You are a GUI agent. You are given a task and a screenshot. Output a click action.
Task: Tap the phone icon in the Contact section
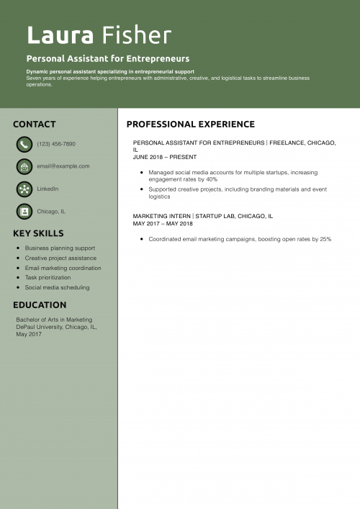24,144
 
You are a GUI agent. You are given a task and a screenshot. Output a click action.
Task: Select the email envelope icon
24,166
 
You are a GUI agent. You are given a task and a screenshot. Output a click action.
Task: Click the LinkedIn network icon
24,189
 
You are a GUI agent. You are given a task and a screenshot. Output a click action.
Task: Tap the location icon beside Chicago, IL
24,212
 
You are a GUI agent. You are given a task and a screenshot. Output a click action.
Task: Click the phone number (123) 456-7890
56,144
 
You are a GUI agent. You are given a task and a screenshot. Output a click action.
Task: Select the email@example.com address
63,166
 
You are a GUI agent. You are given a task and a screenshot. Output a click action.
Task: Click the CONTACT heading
34,124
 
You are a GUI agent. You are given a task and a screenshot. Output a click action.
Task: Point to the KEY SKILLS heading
38,233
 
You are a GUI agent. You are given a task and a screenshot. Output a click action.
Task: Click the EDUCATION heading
40,305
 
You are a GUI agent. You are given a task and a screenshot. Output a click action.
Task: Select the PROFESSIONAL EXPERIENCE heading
190,124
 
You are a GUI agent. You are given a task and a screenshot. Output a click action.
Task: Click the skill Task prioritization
48,277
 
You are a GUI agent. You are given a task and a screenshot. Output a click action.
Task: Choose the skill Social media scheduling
57,287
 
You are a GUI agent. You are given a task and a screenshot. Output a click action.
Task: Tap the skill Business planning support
60,248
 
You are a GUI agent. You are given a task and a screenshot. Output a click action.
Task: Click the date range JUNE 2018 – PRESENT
165,157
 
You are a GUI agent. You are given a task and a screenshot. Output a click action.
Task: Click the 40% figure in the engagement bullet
211,179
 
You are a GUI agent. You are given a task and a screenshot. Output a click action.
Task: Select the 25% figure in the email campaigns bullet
325,239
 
